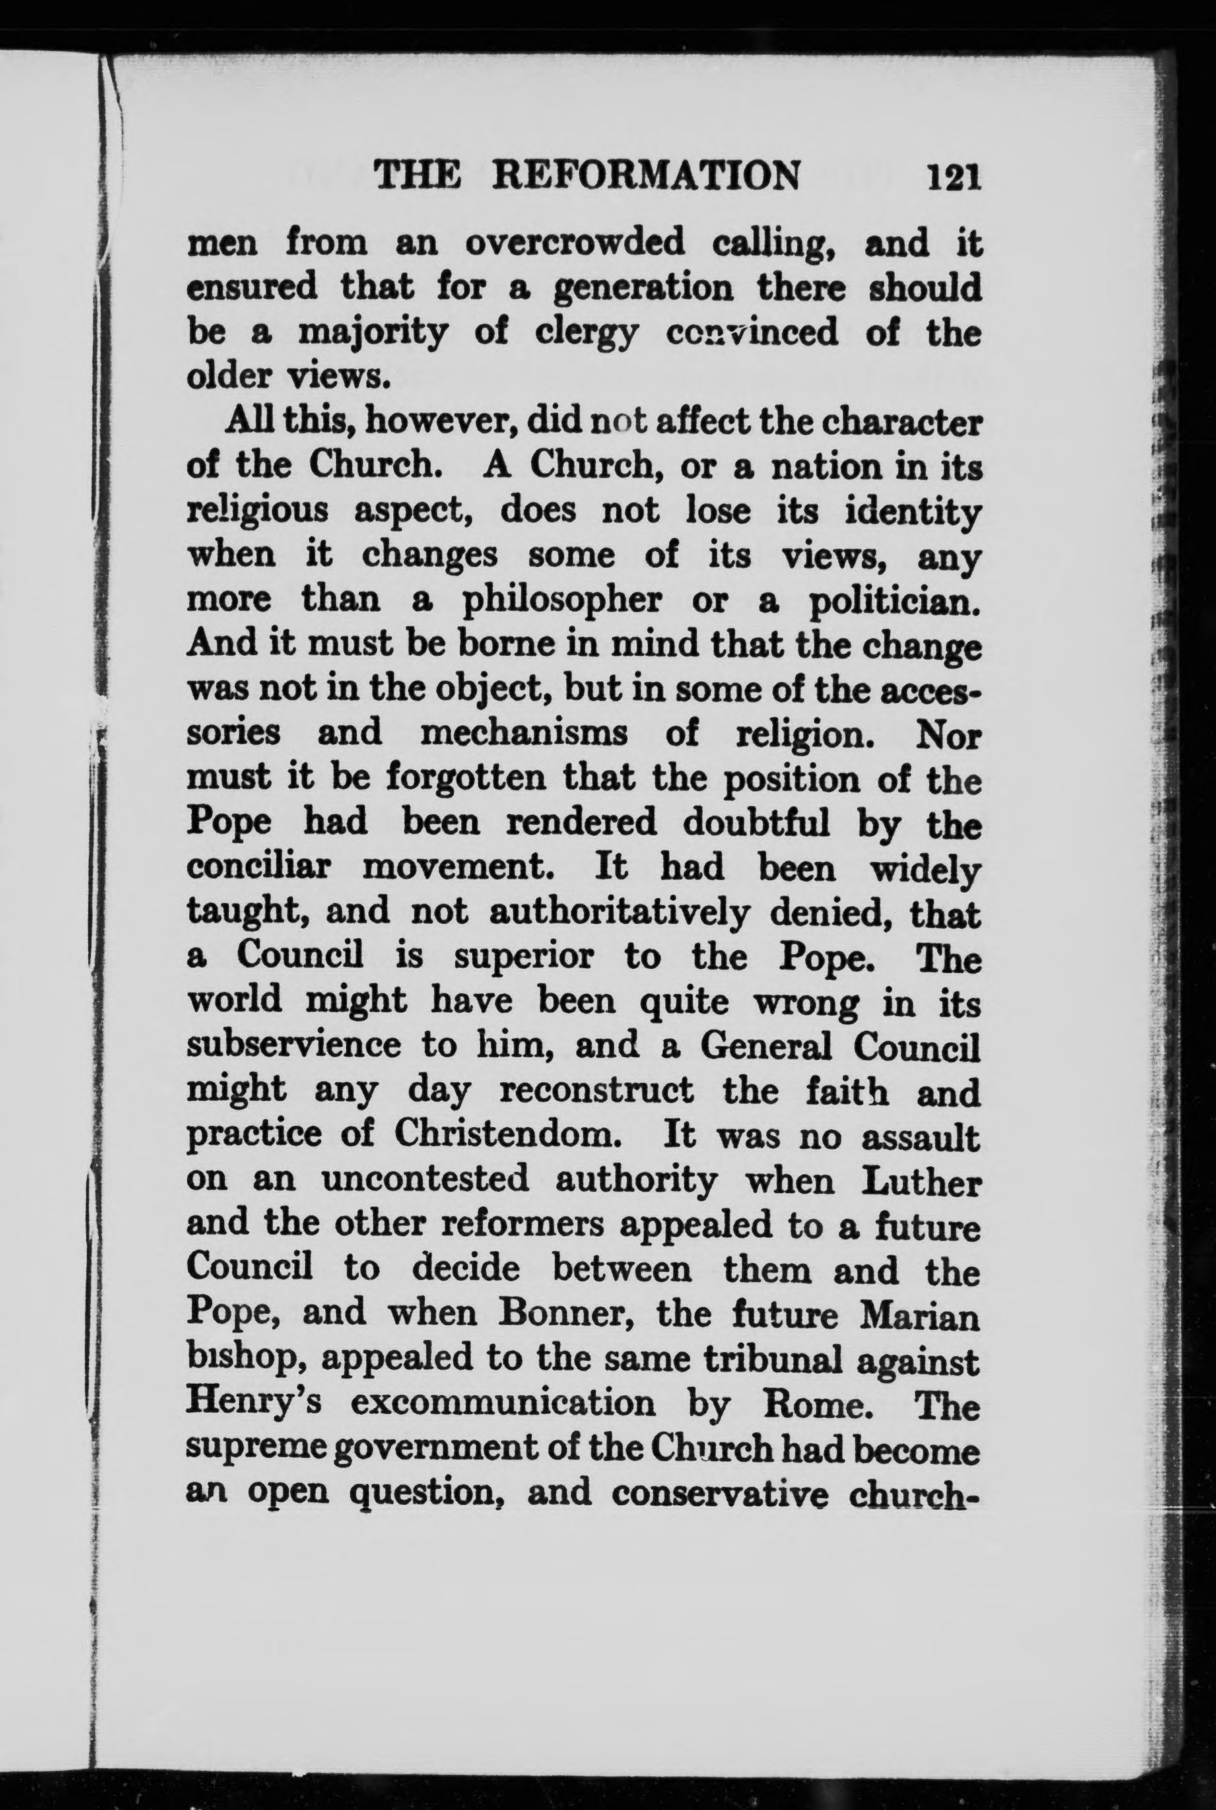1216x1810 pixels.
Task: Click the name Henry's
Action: point(250,1405)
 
